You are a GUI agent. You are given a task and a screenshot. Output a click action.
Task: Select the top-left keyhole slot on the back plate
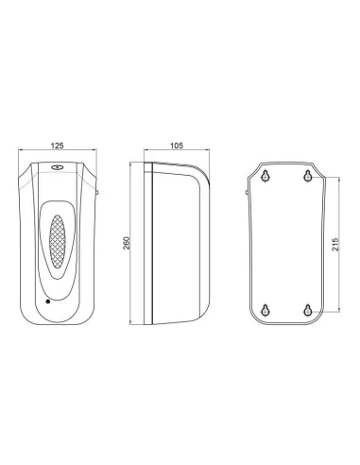coord(266,176)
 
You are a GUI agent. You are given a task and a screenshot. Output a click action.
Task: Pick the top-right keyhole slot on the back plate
coord(307,176)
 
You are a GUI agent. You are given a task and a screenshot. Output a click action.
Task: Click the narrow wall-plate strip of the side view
coord(149,242)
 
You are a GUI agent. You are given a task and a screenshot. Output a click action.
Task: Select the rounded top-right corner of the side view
coord(198,170)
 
